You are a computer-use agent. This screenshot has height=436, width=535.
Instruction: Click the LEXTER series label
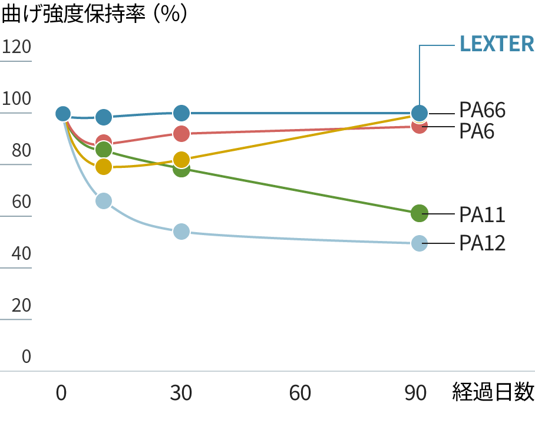point(496,44)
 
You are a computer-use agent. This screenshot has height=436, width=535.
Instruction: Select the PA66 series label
point(482,110)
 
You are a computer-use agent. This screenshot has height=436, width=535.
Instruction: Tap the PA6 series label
point(477,131)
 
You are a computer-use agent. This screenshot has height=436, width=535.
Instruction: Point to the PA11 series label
point(482,215)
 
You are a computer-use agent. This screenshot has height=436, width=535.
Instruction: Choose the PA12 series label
point(482,243)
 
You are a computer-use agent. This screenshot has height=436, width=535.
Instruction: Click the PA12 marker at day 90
point(419,243)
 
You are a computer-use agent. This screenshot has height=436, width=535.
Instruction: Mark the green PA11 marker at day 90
point(419,213)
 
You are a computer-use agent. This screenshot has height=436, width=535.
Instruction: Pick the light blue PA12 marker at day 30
point(181,231)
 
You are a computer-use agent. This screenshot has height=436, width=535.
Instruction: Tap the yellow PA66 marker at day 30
point(181,160)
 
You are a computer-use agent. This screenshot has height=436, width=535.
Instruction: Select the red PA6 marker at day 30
point(181,133)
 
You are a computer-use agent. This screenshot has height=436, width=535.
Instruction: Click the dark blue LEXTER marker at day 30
point(181,113)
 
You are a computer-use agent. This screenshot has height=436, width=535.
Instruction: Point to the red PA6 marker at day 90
point(419,126)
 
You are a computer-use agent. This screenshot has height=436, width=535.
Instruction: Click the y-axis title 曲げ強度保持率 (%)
point(94,14)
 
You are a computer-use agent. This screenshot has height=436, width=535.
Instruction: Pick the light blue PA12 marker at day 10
point(104,201)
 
